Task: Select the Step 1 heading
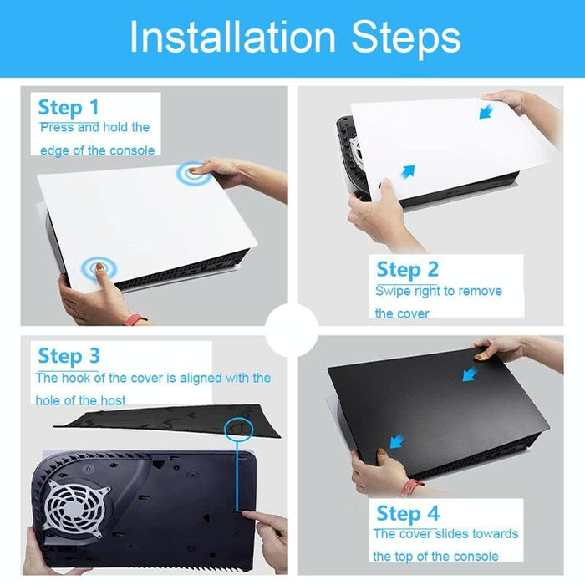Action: click(x=69, y=108)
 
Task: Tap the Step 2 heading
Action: click(x=407, y=269)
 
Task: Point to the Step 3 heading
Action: click(x=69, y=355)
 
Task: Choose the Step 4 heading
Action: click(x=407, y=512)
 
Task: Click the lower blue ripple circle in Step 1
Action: click(x=99, y=268)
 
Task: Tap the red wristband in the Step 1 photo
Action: click(x=135, y=319)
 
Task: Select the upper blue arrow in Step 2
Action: click(x=486, y=111)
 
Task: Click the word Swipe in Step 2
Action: click(x=392, y=291)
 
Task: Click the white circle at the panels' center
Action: click(x=292, y=330)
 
